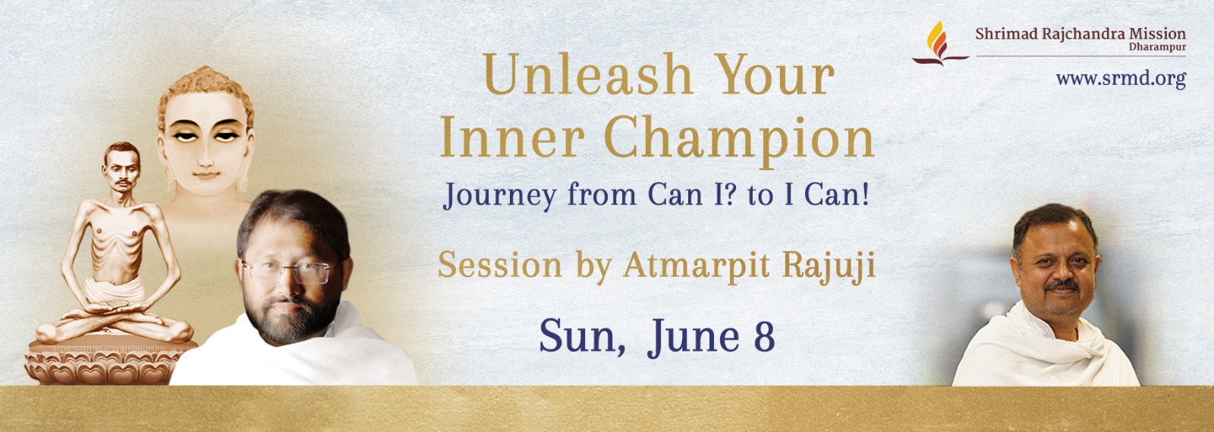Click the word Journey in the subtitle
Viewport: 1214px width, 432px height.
pyautogui.click(x=499, y=195)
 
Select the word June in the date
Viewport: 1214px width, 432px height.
pyautogui.click(x=693, y=337)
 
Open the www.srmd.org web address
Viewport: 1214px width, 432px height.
pyautogui.click(x=1121, y=79)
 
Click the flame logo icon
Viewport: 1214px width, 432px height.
pyautogui.click(x=939, y=43)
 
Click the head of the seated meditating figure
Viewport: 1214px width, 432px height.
pyautogui.click(x=121, y=167)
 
